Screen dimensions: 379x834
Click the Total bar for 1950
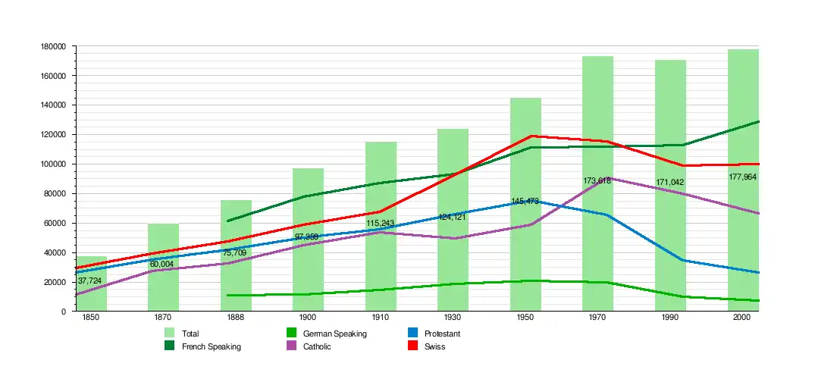pyautogui.click(x=525, y=205)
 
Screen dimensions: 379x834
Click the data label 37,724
pyautogui.click(x=89, y=280)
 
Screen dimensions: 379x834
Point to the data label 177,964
pyautogui.click(x=742, y=177)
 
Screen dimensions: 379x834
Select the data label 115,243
pyautogui.click(x=380, y=224)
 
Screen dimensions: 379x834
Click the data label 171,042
pyautogui.click(x=669, y=183)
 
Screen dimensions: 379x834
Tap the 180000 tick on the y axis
pyautogui.click(x=54, y=46)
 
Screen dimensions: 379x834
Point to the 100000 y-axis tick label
pyautogui.click(x=54, y=164)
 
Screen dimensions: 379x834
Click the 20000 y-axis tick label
pyautogui.click(x=56, y=282)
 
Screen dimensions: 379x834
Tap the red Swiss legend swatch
pyautogui.click(x=413, y=346)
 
